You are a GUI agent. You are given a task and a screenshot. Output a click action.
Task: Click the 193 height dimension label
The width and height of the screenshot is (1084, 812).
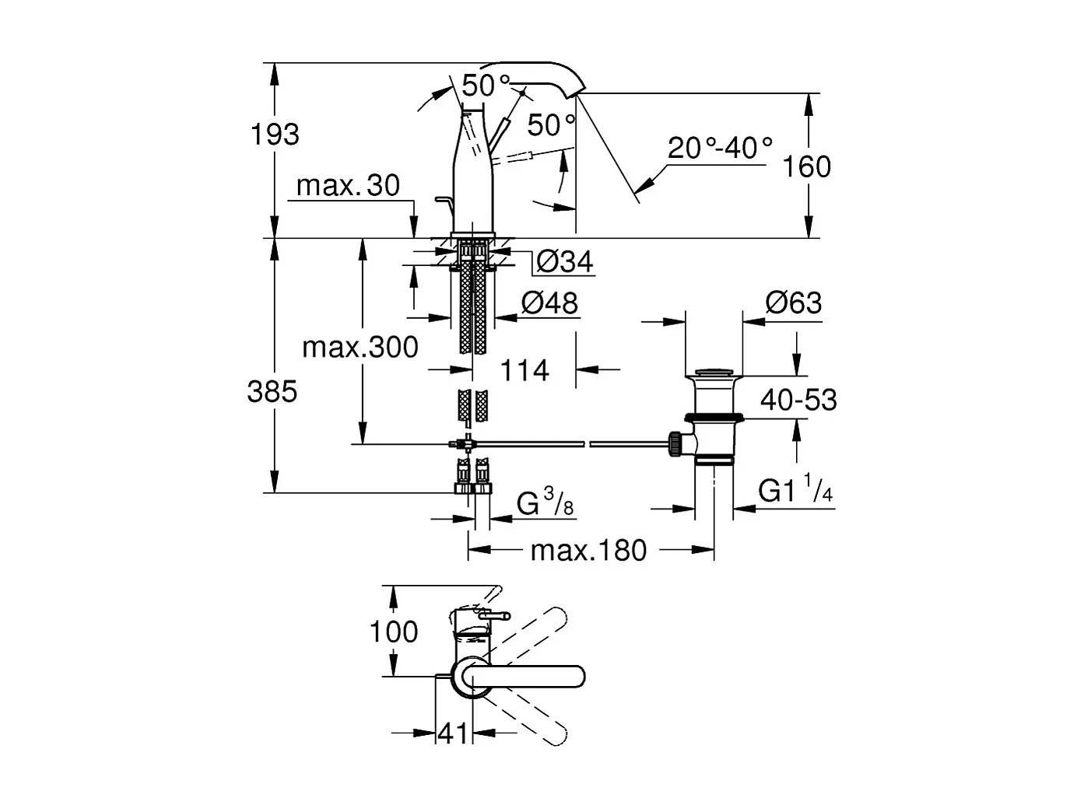pyautogui.click(x=274, y=135)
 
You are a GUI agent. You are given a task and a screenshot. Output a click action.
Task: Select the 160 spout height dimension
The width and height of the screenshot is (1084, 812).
pyautogui.click(x=807, y=166)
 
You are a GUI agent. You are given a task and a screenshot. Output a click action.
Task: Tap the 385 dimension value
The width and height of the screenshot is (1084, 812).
pyautogui.click(x=272, y=391)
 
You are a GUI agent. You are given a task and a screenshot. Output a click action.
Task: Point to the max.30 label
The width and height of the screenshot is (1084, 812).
pyautogui.click(x=348, y=186)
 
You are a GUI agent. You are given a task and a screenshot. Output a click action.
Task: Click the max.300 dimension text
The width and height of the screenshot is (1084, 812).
pyautogui.click(x=360, y=347)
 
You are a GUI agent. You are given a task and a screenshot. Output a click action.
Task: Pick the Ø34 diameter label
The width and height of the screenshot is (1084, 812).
pyautogui.click(x=564, y=262)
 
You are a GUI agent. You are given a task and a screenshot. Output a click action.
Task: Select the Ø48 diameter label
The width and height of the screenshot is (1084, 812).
pyautogui.click(x=549, y=303)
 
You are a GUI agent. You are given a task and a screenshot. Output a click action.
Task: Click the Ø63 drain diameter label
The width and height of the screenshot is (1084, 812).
pyautogui.click(x=793, y=302)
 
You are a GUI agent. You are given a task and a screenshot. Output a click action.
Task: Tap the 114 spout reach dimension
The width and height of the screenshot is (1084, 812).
pyautogui.click(x=524, y=370)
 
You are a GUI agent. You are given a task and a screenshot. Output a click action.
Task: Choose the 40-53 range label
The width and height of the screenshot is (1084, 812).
pyautogui.click(x=798, y=400)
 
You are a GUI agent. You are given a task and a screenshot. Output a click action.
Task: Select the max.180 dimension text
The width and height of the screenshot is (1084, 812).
pyautogui.click(x=588, y=551)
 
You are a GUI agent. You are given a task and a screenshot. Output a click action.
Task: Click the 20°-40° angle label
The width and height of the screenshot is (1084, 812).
pyautogui.click(x=720, y=147)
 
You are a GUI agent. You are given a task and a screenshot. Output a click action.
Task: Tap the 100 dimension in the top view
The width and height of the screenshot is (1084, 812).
pyautogui.click(x=394, y=632)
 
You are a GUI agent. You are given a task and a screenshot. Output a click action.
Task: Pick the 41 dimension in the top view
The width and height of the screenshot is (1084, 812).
pyautogui.click(x=453, y=732)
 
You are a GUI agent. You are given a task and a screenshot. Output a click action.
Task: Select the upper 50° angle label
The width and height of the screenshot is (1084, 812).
pyautogui.click(x=486, y=86)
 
